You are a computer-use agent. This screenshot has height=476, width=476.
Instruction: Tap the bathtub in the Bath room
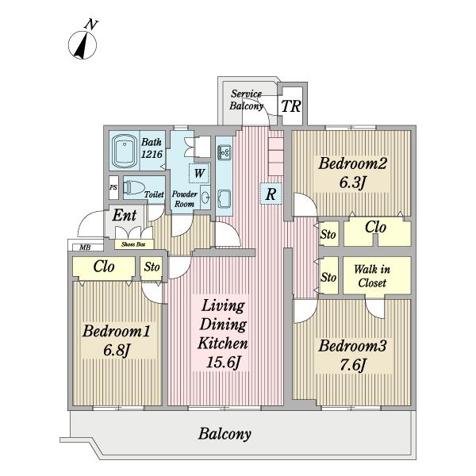click(x=124, y=150)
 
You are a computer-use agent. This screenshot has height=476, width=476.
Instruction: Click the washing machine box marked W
click(x=199, y=173)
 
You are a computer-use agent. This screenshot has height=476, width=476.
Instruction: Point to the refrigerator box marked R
click(x=271, y=194)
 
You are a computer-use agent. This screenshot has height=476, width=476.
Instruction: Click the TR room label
click(x=291, y=106)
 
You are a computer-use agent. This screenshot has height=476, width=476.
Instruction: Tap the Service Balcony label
click(x=246, y=100)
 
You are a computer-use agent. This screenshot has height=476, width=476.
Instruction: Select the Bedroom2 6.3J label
click(x=352, y=172)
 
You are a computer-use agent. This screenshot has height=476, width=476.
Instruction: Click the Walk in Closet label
click(x=372, y=276)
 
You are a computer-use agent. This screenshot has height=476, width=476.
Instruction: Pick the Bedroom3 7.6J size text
click(x=353, y=364)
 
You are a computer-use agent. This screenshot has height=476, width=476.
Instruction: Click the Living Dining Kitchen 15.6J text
click(x=223, y=334)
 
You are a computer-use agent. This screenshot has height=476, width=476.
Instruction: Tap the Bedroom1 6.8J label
click(x=117, y=340)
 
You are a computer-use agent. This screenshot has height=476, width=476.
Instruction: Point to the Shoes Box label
click(x=133, y=244)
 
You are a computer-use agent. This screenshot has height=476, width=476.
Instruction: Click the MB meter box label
click(x=85, y=248)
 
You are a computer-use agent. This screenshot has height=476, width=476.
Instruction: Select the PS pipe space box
click(x=113, y=187)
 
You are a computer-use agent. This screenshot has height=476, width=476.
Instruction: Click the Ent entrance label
click(x=125, y=216)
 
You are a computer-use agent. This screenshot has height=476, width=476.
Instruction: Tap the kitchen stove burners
click(x=225, y=152)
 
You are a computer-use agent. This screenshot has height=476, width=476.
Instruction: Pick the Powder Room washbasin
click(x=205, y=198)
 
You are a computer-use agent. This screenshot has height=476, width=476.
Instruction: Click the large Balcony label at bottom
click(x=225, y=434)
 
